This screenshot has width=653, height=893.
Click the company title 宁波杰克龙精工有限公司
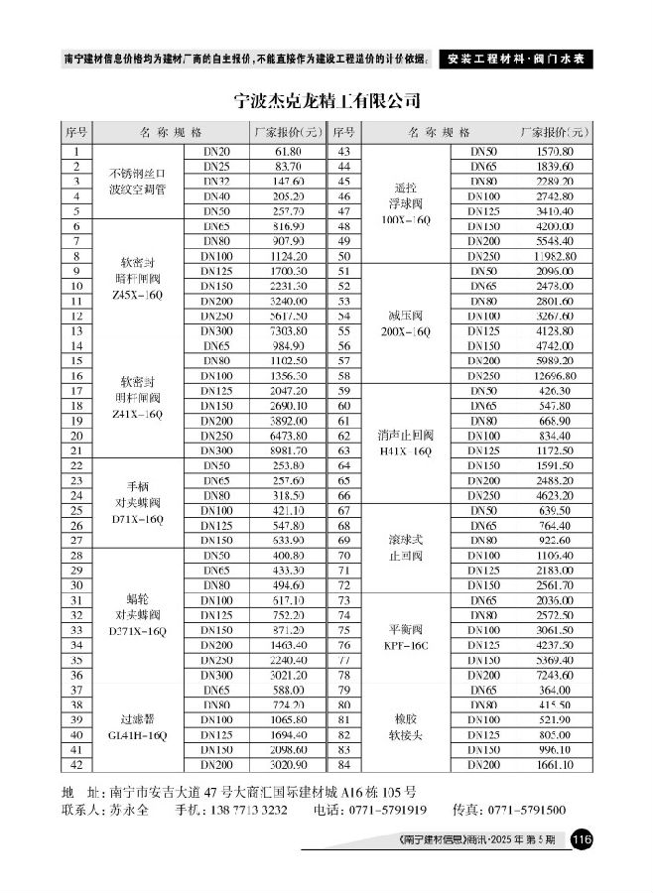coord(326,101)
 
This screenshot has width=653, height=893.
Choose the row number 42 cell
coord(76,764)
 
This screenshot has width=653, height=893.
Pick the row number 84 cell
coord(344,764)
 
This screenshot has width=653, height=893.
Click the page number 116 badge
coord(582,840)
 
